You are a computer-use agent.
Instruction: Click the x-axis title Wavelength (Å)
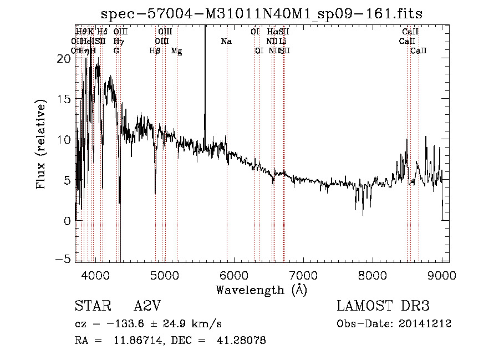tap(261, 290)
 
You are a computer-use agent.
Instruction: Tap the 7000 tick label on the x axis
tap(303, 275)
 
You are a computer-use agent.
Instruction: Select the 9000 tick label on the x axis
tap(442, 275)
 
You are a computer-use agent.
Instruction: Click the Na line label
tap(226, 42)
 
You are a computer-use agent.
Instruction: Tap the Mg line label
tap(176, 51)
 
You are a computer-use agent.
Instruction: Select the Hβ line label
tap(155, 51)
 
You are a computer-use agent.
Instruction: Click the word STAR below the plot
tap(90, 307)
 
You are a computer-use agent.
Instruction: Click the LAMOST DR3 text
tap(383, 307)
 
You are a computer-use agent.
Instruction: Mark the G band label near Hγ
tap(116, 51)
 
